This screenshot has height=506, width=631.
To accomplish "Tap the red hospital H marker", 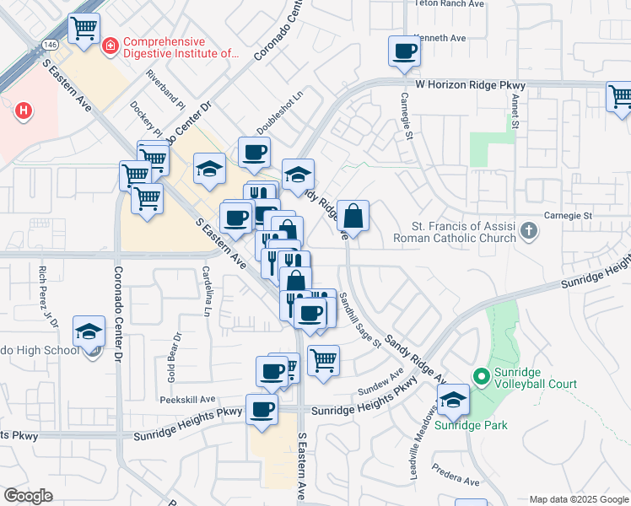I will tap(24, 110).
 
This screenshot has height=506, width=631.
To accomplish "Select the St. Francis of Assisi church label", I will tap(463, 232).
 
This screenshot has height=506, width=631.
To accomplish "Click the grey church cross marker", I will tap(528, 229).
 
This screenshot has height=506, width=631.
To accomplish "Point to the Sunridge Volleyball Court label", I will tap(535, 377).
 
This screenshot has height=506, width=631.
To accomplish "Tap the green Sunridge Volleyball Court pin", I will tap(481, 377).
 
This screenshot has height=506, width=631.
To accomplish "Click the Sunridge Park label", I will tap(471, 425).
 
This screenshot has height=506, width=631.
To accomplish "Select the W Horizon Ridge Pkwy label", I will tap(470, 86).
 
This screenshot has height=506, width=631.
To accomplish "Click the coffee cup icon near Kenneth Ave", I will tap(404, 51).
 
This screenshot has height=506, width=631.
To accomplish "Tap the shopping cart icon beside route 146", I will tap(84, 29).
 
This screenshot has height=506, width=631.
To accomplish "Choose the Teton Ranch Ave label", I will tap(450, 3).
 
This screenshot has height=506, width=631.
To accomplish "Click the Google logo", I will tap(29, 496).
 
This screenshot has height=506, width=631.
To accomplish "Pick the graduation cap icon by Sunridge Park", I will tap(454, 401).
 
